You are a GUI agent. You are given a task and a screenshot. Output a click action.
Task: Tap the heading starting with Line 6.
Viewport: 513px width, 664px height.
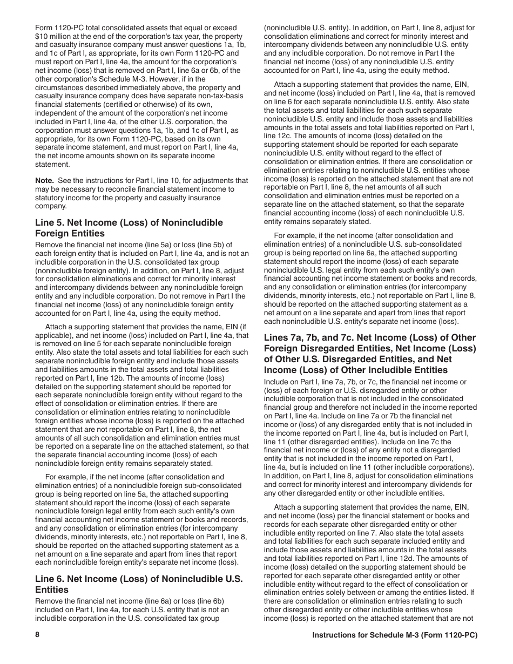click(x=139, y=584)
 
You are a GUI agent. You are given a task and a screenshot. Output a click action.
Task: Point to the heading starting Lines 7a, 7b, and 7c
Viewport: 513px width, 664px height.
click(x=369, y=354)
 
